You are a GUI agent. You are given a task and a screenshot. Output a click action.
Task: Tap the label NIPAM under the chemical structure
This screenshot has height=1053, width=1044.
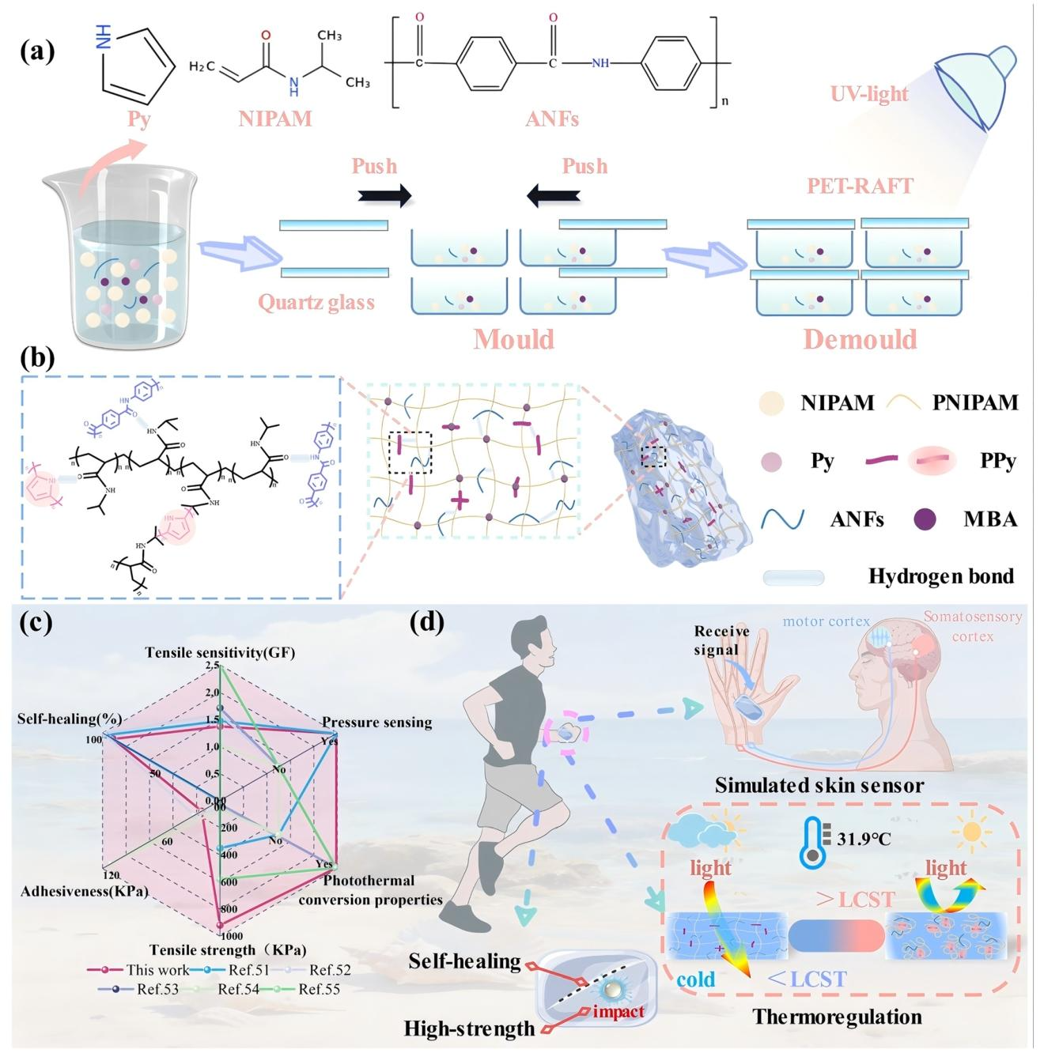click(x=275, y=119)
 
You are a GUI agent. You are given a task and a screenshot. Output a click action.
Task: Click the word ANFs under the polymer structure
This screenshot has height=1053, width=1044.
click(x=552, y=119)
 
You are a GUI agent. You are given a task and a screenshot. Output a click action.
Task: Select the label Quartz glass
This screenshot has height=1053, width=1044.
click(x=316, y=302)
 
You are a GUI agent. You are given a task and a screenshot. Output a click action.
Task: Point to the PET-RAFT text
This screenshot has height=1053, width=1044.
click(x=860, y=187)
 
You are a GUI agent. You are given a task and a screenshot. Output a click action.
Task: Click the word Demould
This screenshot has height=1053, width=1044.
click(x=860, y=339)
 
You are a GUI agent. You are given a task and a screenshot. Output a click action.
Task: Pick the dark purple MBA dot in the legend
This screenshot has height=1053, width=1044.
click(x=925, y=519)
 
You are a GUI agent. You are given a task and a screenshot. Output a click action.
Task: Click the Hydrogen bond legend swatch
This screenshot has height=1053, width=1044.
click(x=793, y=578)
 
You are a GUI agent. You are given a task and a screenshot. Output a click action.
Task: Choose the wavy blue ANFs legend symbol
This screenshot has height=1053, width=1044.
click(x=782, y=519)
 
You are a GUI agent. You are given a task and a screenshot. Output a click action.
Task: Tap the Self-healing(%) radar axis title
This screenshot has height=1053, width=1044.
click(x=70, y=719)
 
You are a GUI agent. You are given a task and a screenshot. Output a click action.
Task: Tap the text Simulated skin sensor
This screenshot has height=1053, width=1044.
click(x=819, y=786)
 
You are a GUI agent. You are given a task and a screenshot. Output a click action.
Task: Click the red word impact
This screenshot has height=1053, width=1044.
click(x=618, y=1012)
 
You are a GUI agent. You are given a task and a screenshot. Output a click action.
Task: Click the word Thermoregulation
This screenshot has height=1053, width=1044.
click(x=837, y=1017)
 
